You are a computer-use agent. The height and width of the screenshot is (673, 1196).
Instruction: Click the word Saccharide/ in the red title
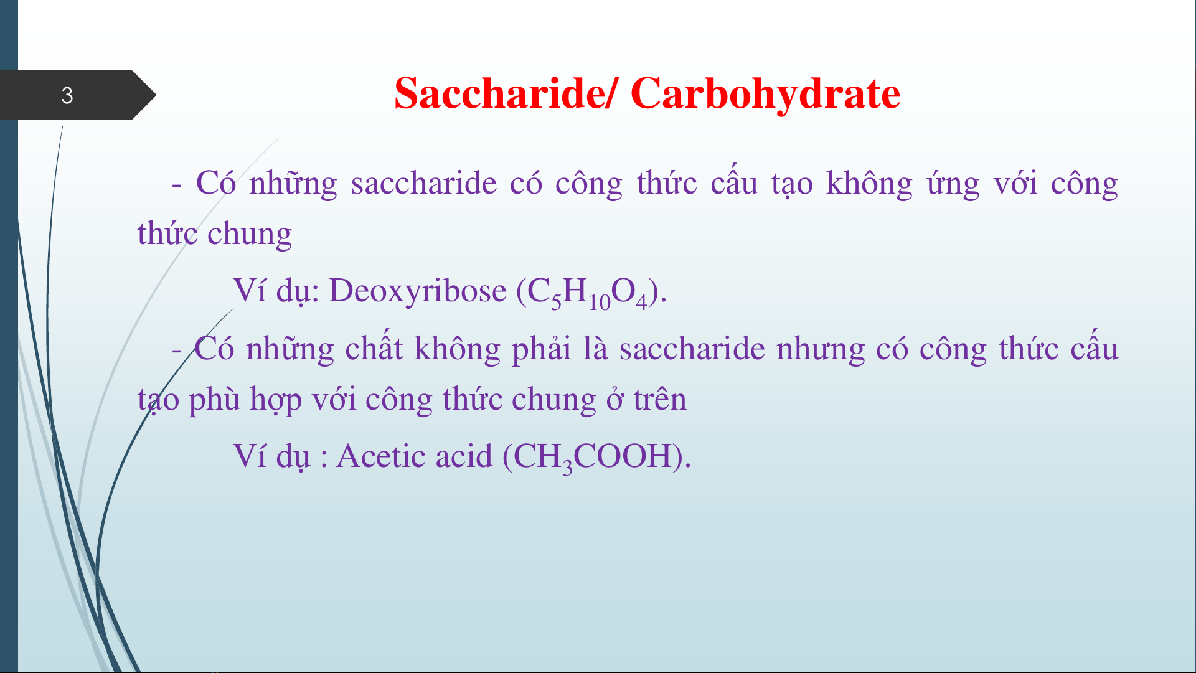[x=507, y=93]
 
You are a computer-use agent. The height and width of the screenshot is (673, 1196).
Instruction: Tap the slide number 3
[x=67, y=95]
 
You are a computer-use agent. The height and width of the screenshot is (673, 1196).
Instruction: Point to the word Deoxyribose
[x=418, y=291]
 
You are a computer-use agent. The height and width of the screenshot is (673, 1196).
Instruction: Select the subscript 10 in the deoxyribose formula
[x=600, y=303]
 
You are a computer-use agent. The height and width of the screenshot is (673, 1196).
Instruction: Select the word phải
[x=541, y=349]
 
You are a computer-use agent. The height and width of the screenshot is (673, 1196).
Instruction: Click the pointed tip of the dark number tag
[x=156, y=95]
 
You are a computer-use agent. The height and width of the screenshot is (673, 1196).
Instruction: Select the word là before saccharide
[x=595, y=347]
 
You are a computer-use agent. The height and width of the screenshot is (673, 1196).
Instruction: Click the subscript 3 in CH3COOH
[x=567, y=467]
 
